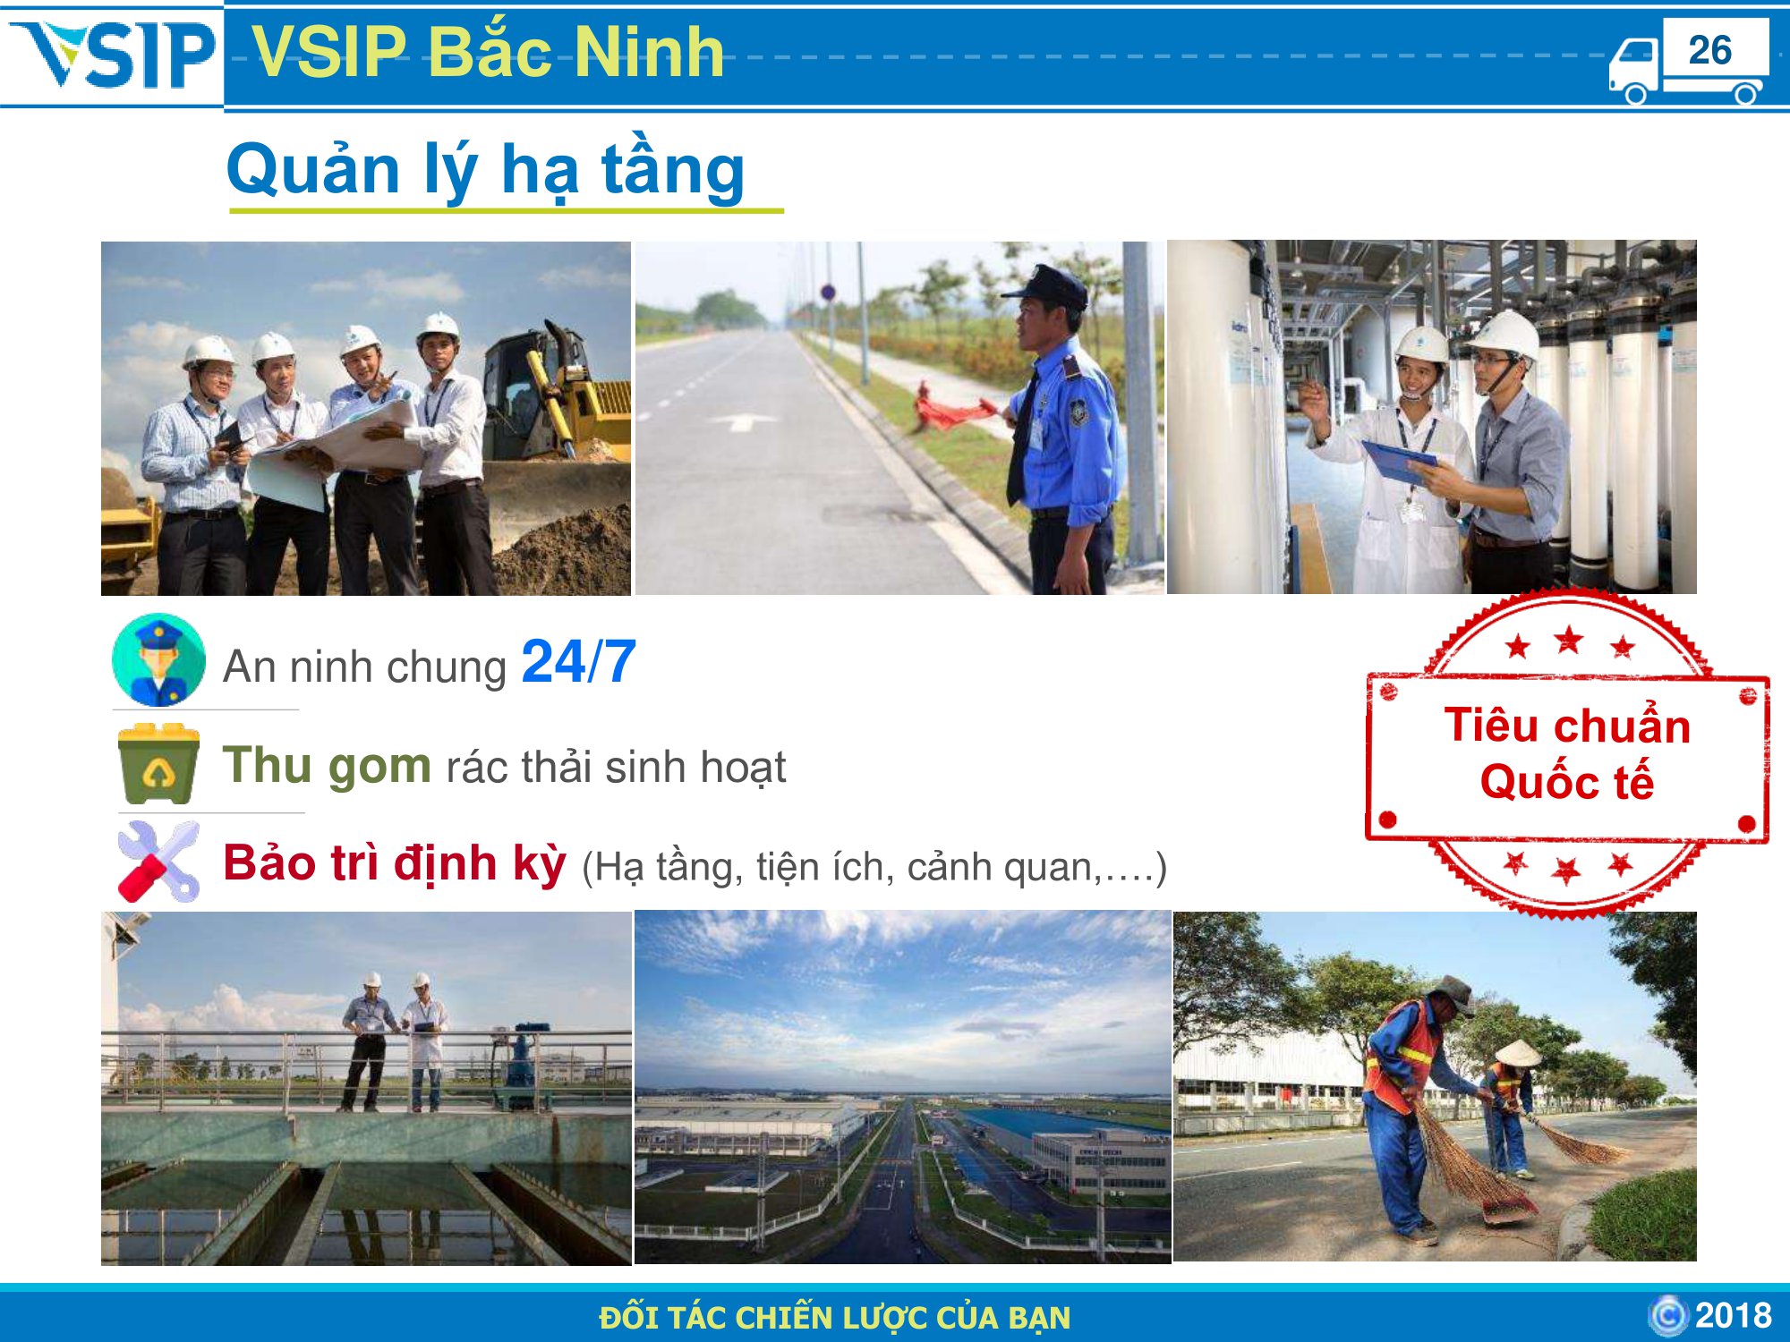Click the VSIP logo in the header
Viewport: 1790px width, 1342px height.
(113, 55)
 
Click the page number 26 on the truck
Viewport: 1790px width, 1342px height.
(1710, 50)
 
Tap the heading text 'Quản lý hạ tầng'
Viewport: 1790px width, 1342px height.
(486, 170)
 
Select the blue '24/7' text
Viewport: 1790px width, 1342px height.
(578, 662)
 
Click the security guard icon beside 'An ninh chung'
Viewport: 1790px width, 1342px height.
(158, 659)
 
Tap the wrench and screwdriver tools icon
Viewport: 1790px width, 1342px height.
(158, 862)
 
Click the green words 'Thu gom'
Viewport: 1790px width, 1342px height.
(327, 766)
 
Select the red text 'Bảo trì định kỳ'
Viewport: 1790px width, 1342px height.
(395, 863)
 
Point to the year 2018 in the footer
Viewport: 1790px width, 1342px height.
(1734, 1315)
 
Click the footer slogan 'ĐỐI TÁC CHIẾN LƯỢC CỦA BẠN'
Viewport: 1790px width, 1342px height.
(835, 1318)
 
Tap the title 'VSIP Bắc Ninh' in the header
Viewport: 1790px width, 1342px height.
(488, 52)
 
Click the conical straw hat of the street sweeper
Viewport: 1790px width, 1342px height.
(1518, 1053)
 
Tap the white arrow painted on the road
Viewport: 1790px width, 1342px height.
(741, 420)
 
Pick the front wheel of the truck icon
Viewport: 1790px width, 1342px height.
(1635, 93)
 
